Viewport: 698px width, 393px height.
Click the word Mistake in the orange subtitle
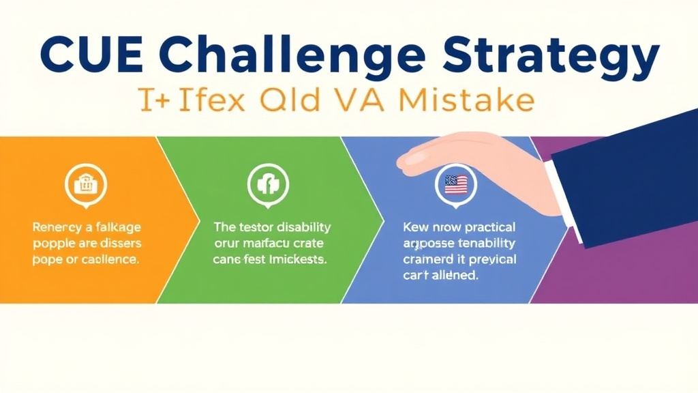point(463,100)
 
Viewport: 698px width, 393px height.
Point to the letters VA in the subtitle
point(360,100)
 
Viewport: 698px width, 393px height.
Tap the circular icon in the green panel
point(267,183)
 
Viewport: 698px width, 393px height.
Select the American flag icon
point(455,183)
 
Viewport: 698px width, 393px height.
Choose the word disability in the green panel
point(299,227)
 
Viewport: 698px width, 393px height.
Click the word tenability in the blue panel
point(484,244)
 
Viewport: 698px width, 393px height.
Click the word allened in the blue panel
point(454,276)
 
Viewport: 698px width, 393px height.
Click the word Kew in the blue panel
point(415,227)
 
